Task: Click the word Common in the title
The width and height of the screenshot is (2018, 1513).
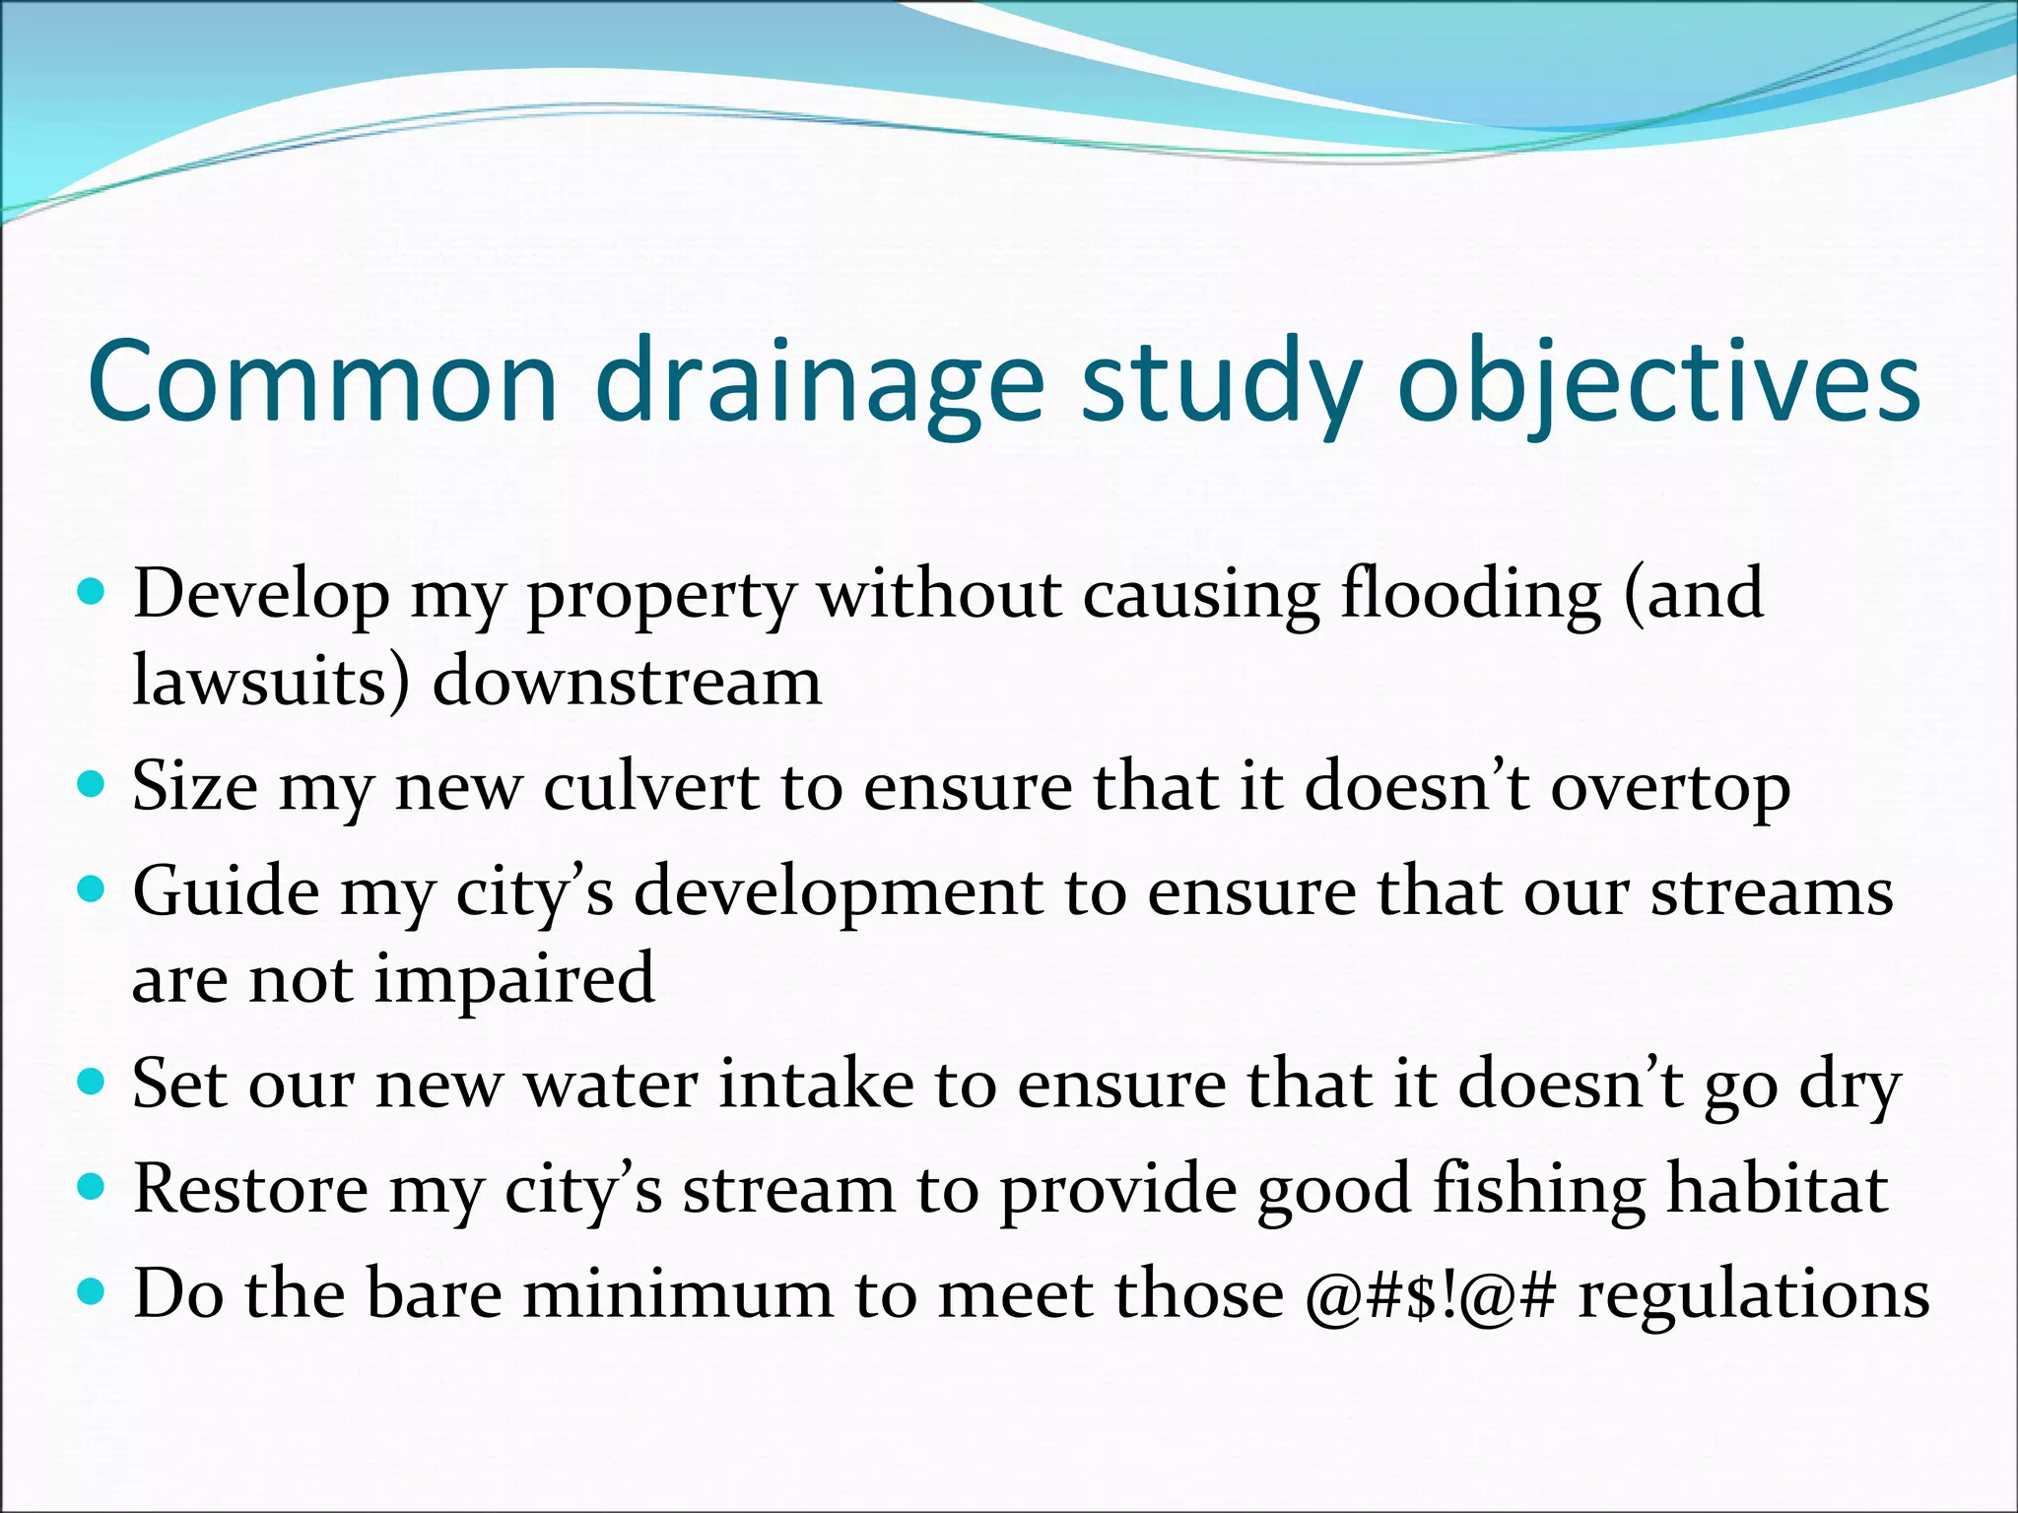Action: [x=323, y=382]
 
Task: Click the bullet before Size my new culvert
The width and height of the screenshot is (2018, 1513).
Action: [x=91, y=785]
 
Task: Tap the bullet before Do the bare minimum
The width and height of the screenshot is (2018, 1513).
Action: [x=91, y=1290]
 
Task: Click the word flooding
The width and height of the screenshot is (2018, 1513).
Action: [x=1470, y=596]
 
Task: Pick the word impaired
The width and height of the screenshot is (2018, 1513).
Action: [x=514, y=981]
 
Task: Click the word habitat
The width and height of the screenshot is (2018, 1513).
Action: [x=1777, y=1188]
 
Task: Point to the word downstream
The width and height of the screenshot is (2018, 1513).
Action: [x=627, y=682]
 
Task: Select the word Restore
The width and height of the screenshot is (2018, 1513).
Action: [x=250, y=1188]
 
